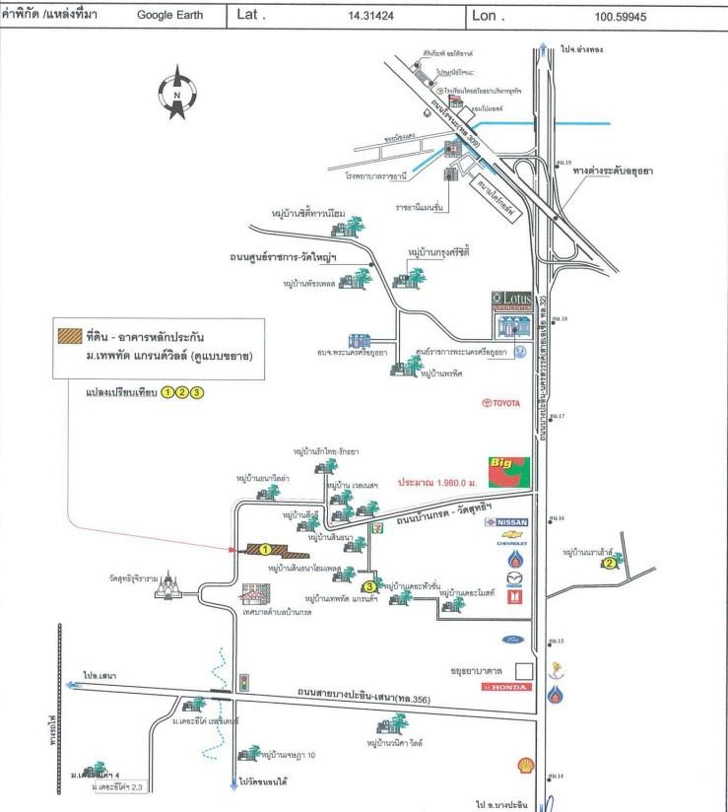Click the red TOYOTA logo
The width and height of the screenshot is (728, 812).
point(499,402)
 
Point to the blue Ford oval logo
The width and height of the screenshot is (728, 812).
point(507,640)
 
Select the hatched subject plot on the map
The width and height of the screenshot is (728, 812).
point(263,549)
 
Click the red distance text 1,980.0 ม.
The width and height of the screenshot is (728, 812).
point(437,484)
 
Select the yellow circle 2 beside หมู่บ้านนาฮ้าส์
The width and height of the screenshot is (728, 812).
point(610,564)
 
